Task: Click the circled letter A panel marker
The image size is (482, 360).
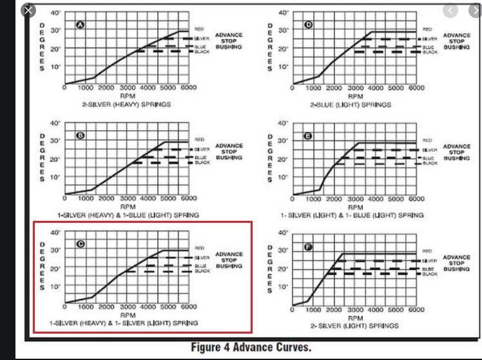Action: click(x=81, y=25)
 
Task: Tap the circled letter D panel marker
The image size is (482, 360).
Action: click(x=308, y=25)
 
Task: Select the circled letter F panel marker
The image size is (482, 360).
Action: click(x=309, y=247)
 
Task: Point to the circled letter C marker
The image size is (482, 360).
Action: click(x=81, y=245)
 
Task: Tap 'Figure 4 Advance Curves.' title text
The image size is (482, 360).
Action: click(x=251, y=347)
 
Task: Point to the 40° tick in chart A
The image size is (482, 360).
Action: click(x=56, y=12)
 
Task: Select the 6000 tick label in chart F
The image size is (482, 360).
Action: click(x=416, y=310)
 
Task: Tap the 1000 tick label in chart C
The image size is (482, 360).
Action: click(x=86, y=307)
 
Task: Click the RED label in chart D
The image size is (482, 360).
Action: click(x=427, y=29)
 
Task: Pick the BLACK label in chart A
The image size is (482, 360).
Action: click(x=202, y=51)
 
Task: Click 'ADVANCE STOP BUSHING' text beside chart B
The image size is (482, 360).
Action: click(x=229, y=151)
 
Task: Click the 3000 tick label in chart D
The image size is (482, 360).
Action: click(x=355, y=88)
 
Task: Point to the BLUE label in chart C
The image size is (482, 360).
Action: click(x=201, y=265)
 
